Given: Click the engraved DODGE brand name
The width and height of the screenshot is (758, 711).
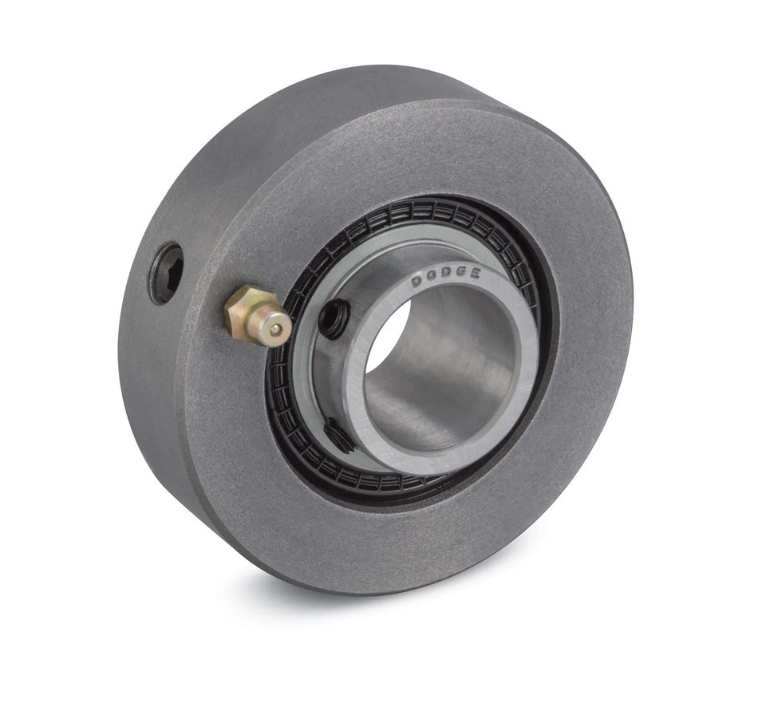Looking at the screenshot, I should click(x=446, y=277).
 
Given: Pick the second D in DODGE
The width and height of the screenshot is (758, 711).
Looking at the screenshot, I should click(x=445, y=276).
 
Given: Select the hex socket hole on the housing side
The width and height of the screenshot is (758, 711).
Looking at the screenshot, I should click(x=166, y=274).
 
